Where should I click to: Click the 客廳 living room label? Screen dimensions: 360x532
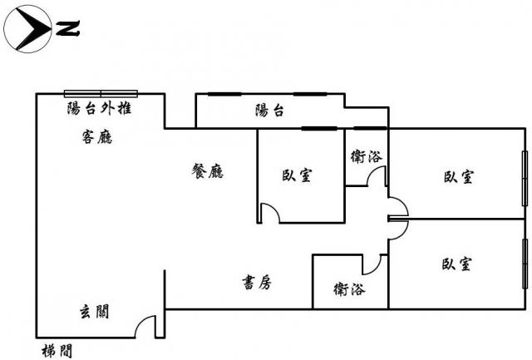(97, 138)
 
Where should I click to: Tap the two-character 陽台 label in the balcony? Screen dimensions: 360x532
(269, 111)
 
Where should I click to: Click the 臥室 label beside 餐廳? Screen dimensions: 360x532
(298, 175)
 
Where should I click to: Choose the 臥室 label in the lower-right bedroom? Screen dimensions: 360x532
(457, 264)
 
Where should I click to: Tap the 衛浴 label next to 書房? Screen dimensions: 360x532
(348, 290)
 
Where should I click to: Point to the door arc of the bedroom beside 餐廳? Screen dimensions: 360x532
(268, 213)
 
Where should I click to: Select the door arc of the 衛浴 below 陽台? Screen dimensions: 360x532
(377, 176)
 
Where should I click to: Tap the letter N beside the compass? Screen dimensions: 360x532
(68, 31)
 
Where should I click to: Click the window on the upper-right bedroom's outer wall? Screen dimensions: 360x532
(525, 179)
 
